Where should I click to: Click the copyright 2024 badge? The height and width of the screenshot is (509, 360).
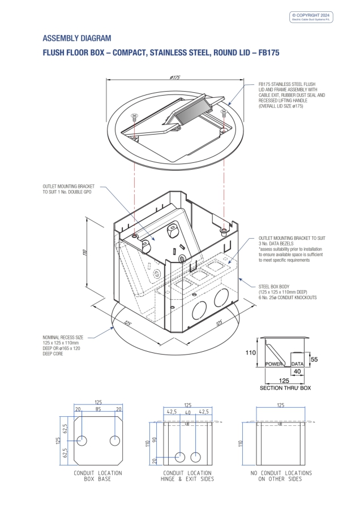coord(312,16)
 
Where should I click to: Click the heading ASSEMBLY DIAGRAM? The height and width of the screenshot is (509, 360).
coord(77,38)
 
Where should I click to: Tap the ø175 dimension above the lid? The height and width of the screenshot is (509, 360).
coord(174,77)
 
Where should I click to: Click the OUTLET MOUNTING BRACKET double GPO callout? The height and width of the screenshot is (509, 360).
coord(68,189)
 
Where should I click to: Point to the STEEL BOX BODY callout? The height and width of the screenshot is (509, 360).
coord(287,292)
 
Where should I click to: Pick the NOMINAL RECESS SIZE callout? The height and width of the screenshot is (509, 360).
coord(65,344)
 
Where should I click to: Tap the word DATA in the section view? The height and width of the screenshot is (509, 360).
coord(297,364)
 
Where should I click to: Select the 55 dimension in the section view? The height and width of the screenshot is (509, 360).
coord(314,359)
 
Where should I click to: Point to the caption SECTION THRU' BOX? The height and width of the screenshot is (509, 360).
coord(285,389)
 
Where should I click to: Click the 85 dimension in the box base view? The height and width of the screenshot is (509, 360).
coord(98,409)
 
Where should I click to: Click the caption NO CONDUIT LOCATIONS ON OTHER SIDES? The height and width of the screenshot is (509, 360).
coord(281,476)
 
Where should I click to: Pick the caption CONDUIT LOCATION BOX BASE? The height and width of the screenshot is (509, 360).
coord(98,476)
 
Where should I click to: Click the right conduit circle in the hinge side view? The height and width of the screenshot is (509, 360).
coord(195,456)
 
